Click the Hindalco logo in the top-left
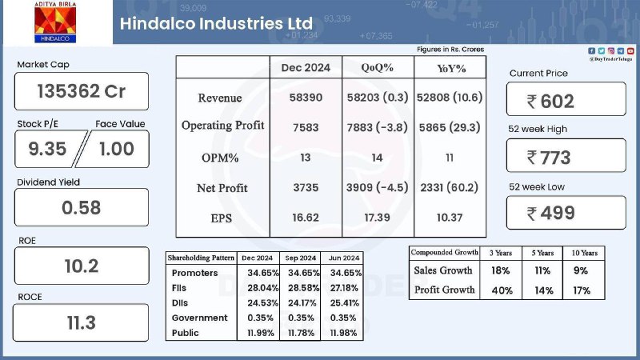[55, 22]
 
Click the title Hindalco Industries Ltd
[216, 23]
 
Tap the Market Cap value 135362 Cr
[82, 91]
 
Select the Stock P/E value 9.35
[47, 149]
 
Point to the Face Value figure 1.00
[117, 149]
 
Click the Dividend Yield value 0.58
[82, 208]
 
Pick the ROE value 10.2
[82, 266]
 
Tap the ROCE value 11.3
[82, 323]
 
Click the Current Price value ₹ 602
[550, 102]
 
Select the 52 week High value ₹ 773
[549, 158]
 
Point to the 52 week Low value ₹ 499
[550, 213]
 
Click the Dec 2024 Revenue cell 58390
[306, 98]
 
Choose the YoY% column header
[451, 68]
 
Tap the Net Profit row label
[222, 188]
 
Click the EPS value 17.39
[377, 218]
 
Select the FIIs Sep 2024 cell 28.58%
[303, 288]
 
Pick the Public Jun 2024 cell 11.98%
[343, 333]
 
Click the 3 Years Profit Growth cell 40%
[502, 290]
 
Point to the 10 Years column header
[585, 253]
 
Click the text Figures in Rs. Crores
[450, 50]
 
